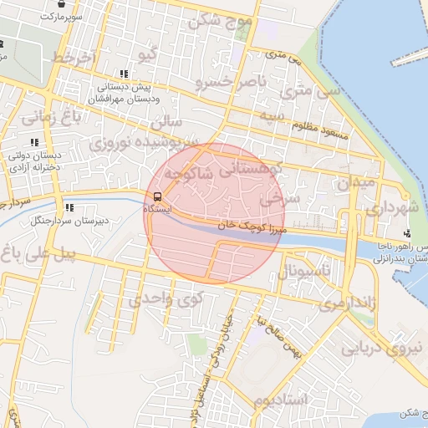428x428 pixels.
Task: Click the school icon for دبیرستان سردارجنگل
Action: [69, 207]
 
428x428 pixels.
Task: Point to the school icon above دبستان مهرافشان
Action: [124, 74]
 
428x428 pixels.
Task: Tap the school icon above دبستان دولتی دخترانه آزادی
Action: [34, 143]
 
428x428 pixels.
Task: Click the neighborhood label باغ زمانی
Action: [52, 116]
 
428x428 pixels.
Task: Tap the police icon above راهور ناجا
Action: [407, 233]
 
